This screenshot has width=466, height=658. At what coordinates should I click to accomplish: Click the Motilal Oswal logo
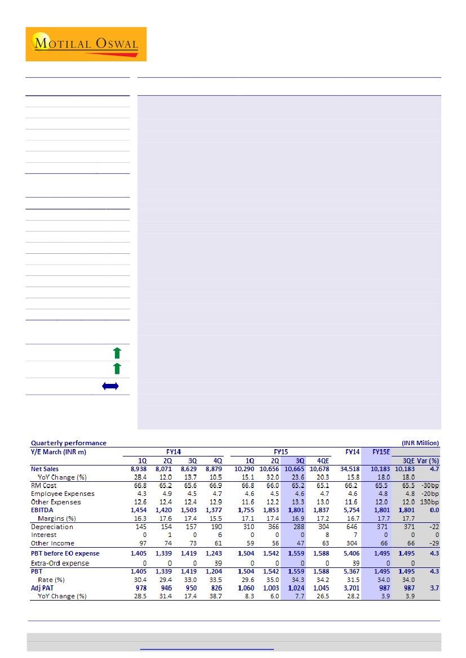[86, 44]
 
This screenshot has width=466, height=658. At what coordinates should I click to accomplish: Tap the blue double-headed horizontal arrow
[110, 387]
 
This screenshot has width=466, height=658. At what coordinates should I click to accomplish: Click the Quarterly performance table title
[68, 443]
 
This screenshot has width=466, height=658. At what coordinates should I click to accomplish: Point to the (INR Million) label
[420, 443]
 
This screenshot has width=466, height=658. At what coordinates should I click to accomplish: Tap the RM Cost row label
[43, 485]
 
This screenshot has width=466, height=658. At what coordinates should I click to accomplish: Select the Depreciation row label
[49, 527]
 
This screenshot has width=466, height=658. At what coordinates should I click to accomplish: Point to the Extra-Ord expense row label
[60, 563]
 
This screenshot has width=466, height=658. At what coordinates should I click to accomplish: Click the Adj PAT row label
[43, 588]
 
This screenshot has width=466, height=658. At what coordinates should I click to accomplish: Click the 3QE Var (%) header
[417, 460]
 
